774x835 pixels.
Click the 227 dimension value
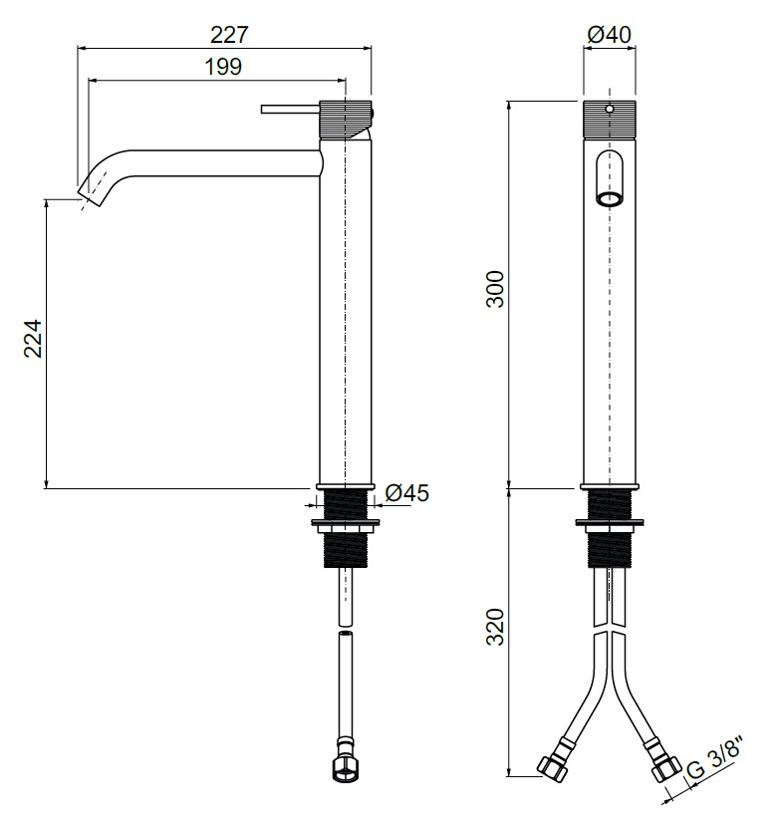point(229,35)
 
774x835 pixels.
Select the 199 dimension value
point(223,67)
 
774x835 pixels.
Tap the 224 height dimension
point(33,338)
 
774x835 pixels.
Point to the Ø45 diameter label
point(406,492)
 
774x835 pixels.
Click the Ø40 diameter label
point(609,35)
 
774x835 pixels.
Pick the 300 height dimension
point(495,289)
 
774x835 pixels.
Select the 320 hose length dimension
point(495,627)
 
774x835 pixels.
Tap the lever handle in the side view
point(290,110)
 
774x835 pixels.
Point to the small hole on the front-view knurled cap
point(610,110)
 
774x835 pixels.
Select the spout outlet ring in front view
point(610,199)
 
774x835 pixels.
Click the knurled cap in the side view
point(346,120)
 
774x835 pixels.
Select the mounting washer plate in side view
point(346,522)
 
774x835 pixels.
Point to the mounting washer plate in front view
point(610,522)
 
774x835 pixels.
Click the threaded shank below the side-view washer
point(346,549)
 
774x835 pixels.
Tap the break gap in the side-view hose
point(346,629)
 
